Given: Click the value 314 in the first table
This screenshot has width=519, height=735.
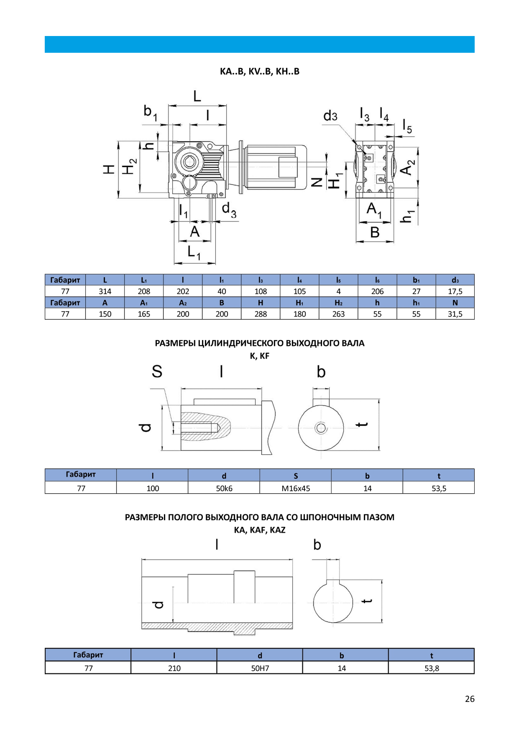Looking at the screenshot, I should click(x=105, y=291).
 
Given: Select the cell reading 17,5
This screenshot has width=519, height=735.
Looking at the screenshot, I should click(x=455, y=291).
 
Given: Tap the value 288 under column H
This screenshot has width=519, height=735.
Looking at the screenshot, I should click(x=261, y=314).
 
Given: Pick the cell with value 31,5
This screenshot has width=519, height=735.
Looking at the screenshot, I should click(x=455, y=314).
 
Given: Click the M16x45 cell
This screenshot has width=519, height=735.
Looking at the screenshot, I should click(x=295, y=488).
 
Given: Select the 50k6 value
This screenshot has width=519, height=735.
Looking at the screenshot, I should click(x=224, y=488).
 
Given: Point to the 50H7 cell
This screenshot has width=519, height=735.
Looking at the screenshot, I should click(x=260, y=668).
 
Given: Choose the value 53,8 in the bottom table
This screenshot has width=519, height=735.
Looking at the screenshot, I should click(x=431, y=668).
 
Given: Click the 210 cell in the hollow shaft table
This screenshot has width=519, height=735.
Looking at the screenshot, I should click(x=174, y=668).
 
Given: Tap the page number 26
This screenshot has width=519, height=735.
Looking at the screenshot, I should click(x=469, y=699).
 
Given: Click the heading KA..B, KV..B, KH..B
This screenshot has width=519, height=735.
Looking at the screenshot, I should click(x=259, y=71).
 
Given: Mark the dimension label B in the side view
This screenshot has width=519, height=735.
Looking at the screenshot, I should click(x=375, y=232).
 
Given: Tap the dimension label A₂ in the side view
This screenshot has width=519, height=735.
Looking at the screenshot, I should click(x=407, y=168).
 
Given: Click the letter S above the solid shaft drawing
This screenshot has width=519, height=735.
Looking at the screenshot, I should click(x=157, y=371).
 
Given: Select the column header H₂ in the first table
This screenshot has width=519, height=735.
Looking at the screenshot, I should click(x=338, y=302).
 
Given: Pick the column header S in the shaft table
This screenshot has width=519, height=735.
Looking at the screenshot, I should click(x=295, y=476).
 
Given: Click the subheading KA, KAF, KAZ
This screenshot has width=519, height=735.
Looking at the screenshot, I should click(x=259, y=530).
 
